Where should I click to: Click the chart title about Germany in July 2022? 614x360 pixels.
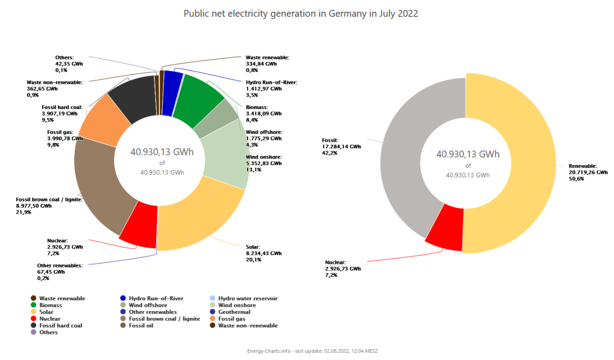[301, 14]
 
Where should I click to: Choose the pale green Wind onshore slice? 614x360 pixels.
[225, 153]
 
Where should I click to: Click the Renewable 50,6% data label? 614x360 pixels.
[588, 172]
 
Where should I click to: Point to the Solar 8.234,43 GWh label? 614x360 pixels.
[264, 253]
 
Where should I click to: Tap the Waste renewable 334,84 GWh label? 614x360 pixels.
[267, 64]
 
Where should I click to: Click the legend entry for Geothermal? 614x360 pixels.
[234, 312]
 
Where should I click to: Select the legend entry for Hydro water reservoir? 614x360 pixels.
[248, 299]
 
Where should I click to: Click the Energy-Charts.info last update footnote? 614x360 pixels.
[312, 351]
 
